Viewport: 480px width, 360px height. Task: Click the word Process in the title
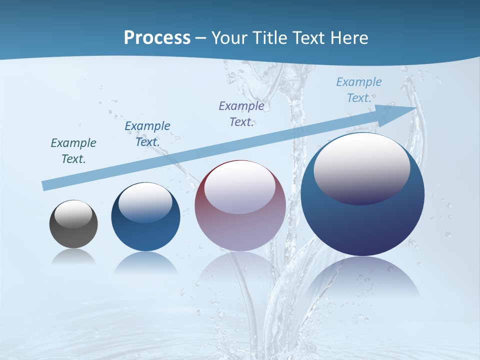coord(157,38)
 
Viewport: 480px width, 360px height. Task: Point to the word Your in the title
coord(228,38)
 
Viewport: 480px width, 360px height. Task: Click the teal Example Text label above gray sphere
coord(73,150)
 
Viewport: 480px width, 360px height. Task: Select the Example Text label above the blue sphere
coord(147,133)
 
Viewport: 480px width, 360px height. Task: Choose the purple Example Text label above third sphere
coord(241,113)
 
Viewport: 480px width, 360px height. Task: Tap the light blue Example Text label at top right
coord(359,89)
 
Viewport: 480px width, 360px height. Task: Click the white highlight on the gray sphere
coord(73,214)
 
